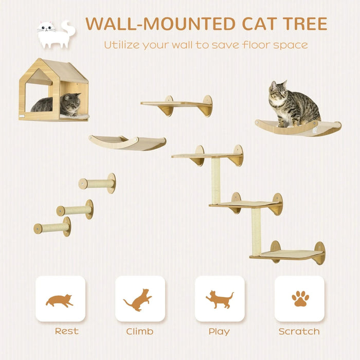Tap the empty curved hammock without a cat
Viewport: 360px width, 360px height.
point(128,142)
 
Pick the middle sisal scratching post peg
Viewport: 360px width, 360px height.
point(76,210)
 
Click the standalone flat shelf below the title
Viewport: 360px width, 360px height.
point(176,104)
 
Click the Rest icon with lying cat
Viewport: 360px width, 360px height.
point(60,299)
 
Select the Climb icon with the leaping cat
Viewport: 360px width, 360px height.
point(139,299)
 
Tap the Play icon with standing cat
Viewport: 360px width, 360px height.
point(220,299)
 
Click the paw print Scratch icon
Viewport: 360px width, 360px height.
point(300,299)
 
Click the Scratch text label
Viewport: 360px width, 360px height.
point(299,331)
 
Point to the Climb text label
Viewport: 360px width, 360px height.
point(139,332)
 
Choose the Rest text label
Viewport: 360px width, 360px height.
point(67,331)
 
